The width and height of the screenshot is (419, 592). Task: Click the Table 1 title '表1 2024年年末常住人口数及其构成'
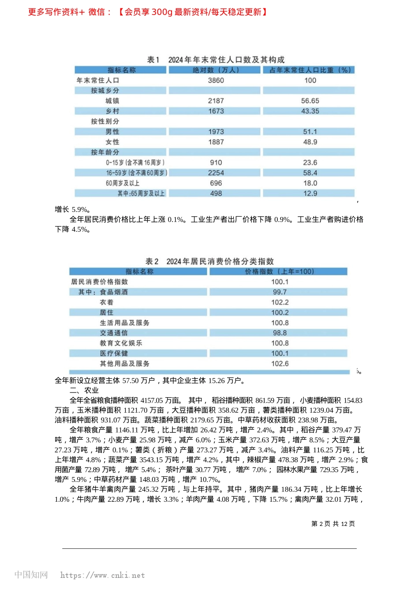(x=216, y=59)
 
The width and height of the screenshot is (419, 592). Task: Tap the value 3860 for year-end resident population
(x=216, y=80)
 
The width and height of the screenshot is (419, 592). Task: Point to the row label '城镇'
(x=112, y=101)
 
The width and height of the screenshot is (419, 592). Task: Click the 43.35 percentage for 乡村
(x=310, y=111)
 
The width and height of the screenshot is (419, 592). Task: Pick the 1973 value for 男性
(x=216, y=132)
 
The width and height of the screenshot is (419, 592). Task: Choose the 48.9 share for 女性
(x=310, y=142)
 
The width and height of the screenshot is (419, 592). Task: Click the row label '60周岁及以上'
(x=123, y=183)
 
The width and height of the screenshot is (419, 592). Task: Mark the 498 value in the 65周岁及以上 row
(x=216, y=193)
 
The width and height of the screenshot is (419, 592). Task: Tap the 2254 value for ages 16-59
(x=216, y=173)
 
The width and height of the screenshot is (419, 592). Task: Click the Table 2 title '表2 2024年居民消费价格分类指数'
(x=209, y=261)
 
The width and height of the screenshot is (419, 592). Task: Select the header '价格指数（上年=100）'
(x=279, y=271)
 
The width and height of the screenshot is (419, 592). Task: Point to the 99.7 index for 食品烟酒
(x=280, y=292)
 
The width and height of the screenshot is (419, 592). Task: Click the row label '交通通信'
(x=113, y=333)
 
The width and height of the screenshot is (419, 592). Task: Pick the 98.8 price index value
(x=280, y=333)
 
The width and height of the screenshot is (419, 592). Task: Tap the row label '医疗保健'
(x=113, y=353)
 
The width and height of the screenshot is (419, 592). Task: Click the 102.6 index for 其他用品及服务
(x=280, y=363)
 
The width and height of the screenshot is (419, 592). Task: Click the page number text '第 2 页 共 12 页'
(x=333, y=523)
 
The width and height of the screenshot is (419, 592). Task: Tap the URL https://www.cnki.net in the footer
(x=102, y=575)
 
